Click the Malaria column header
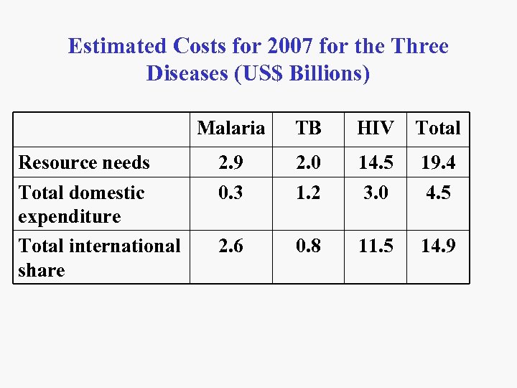[231, 129]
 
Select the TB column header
[308, 129]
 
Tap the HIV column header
[375, 129]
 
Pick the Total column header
[438, 129]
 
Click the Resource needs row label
[84, 162]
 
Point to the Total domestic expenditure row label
[81, 204]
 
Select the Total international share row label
[99, 257]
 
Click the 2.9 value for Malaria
[231, 162]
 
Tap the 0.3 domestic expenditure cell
[231, 193]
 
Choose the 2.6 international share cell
[231, 246]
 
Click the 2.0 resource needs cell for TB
[308, 162]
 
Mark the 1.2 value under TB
[308, 193]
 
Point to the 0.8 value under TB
[308, 246]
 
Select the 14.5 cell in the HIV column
[375, 162]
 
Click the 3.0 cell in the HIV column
[375, 193]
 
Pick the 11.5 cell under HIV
[375, 246]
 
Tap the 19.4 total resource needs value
[438, 162]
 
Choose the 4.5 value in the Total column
[438, 193]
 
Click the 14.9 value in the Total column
[438, 246]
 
